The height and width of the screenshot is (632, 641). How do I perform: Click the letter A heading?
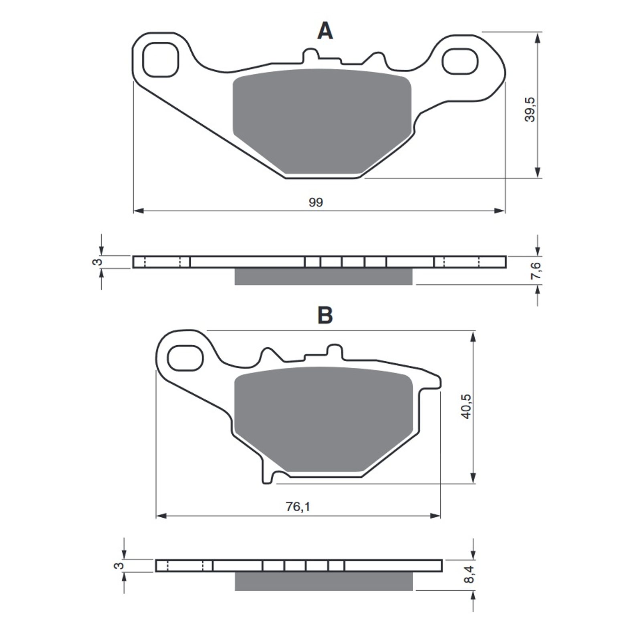(x=325, y=31)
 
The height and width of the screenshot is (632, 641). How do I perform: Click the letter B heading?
(x=325, y=316)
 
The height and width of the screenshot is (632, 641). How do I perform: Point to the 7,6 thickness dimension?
(x=537, y=269)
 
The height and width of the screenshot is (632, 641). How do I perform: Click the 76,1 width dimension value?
(x=298, y=507)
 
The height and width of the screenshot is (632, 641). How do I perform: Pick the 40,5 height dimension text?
(x=467, y=406)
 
